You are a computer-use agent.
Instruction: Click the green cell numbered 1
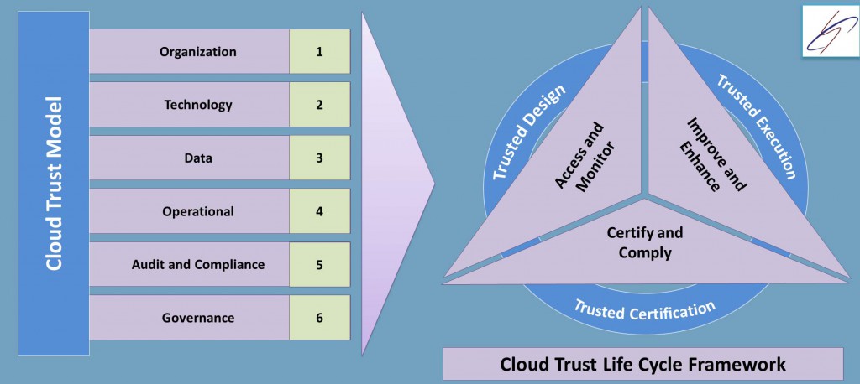click(x=319, y=52)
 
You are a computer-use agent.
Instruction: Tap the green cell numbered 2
click(x=319, y=105)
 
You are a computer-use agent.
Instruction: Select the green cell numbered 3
click(x=319, y=158)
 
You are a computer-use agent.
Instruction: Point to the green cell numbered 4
click(x=319, y=211)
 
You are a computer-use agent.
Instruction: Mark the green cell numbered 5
click(x=319, y=265)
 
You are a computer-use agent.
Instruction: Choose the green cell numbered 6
click(x=319, y=318)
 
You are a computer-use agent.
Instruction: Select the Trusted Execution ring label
click(x=755, y=126)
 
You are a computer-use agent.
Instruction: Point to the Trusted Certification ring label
click(x=644, y=309)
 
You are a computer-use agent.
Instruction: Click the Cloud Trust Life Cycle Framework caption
click(x=642, y=364)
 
